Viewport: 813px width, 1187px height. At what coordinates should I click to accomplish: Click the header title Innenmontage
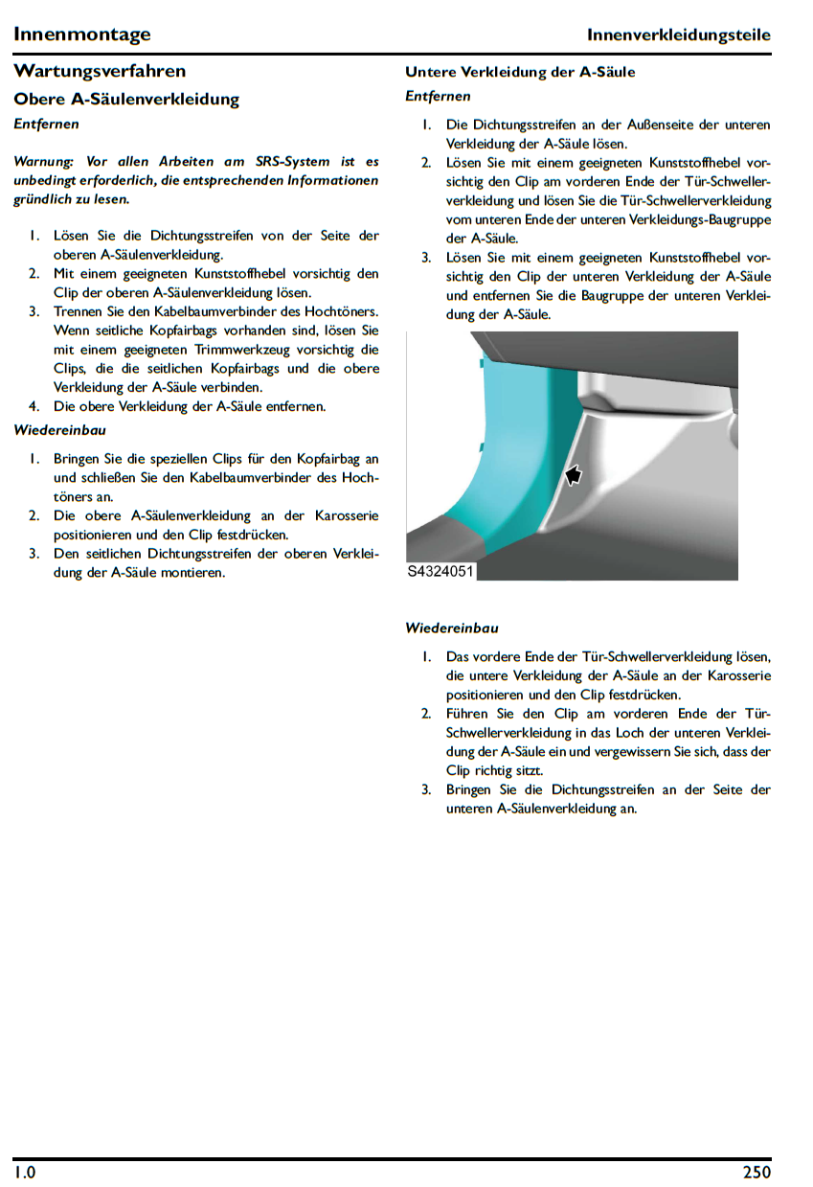[x=82, y=34]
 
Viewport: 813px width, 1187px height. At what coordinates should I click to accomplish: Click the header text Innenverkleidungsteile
[x=678, y=34]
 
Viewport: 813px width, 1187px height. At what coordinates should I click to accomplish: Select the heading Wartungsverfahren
[x=100, y=71]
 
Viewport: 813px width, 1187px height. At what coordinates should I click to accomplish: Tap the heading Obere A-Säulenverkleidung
[x=126, y=99]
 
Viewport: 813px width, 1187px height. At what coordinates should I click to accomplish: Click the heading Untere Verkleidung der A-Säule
[x=520, y=72]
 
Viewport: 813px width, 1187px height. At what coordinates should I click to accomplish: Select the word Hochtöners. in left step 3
[x=342, y=311]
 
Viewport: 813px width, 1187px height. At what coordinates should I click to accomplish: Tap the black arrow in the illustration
[x=573, y=474]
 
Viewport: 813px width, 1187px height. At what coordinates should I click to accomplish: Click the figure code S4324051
[x=440, y=571]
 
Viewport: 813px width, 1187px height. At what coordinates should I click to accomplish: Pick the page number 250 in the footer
[x=756, y=1172]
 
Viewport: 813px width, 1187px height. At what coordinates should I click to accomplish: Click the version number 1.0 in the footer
[x=25, y=1172]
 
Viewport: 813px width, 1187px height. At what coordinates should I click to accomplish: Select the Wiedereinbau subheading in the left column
[x=59, y=430]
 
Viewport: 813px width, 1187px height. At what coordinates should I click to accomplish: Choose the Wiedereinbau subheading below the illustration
[x=451, y=628]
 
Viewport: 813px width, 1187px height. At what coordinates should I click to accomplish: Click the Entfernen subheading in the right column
[x=438, y=96]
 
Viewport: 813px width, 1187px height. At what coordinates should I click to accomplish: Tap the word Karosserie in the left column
[x=347, y=515]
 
